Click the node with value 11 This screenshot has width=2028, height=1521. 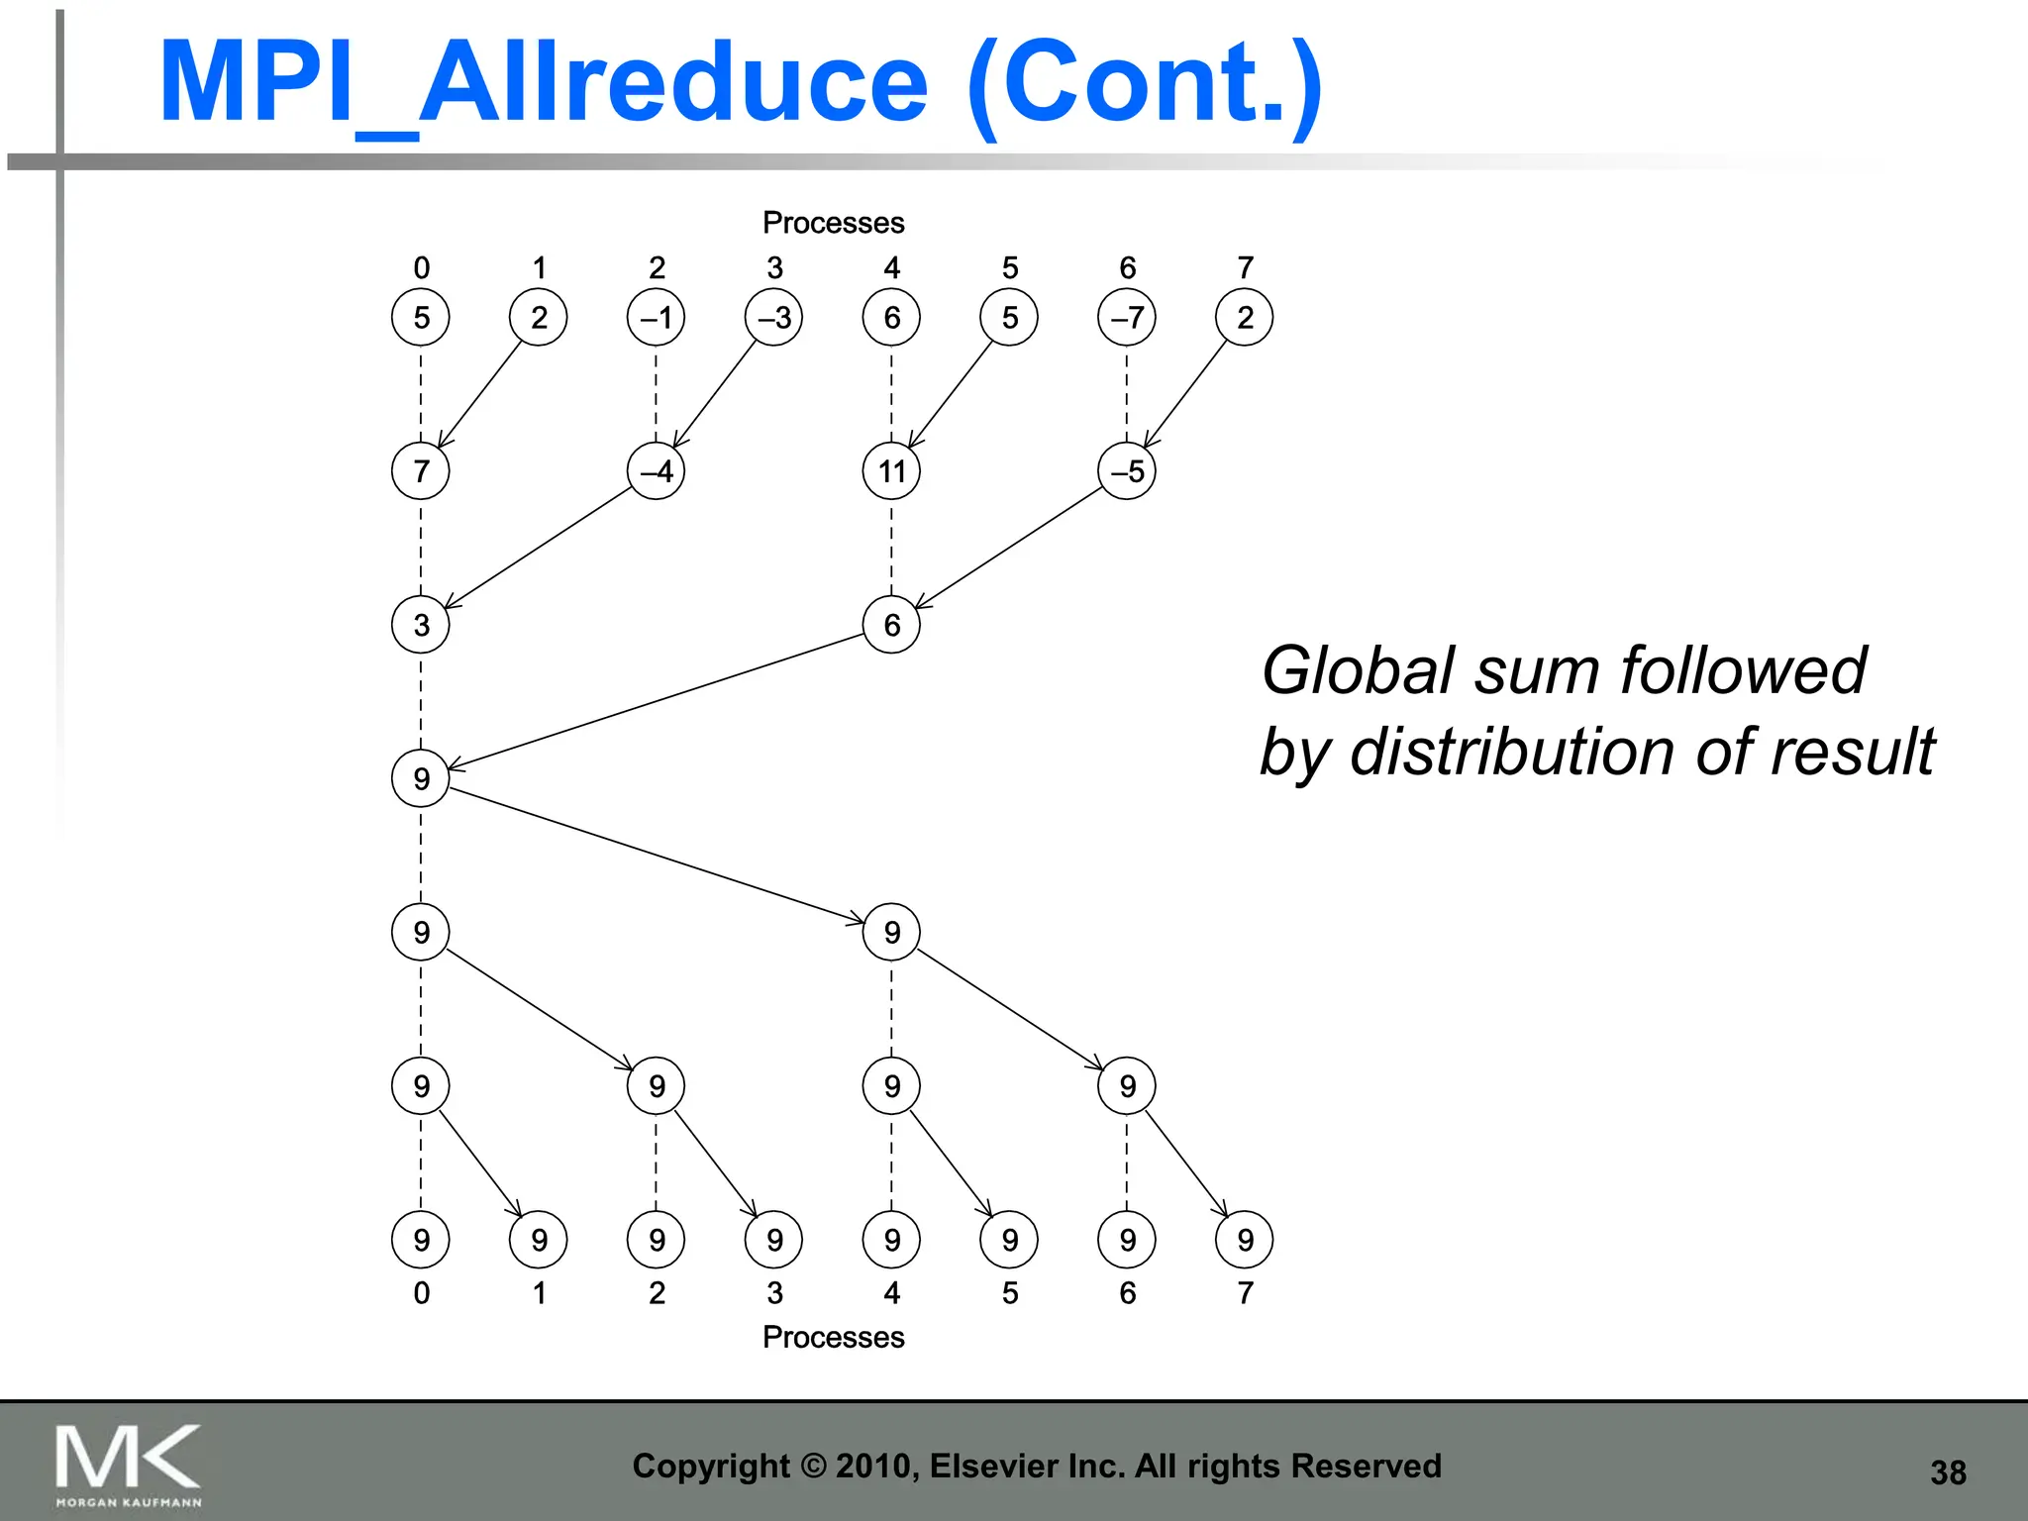tap(891, 471)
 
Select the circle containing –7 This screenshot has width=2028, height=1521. tap(1127, 318)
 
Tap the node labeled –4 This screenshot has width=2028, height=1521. tap(656, 471)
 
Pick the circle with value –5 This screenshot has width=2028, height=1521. tap(1127, 471)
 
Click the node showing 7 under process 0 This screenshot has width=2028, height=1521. tap(421, 471)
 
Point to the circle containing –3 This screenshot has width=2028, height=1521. tap(773, 318)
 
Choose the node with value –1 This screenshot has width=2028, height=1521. tap(656, 318)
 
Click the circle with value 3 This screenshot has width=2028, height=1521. tap(421, 625)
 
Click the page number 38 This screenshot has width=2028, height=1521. tap(1948, 1472)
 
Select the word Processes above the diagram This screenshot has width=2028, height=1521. tap(833, 223)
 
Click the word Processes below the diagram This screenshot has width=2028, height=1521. tap(833, 1337)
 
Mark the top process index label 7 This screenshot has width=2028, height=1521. tap(1245, 267)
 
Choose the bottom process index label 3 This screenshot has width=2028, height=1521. tap(774, 1292)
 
